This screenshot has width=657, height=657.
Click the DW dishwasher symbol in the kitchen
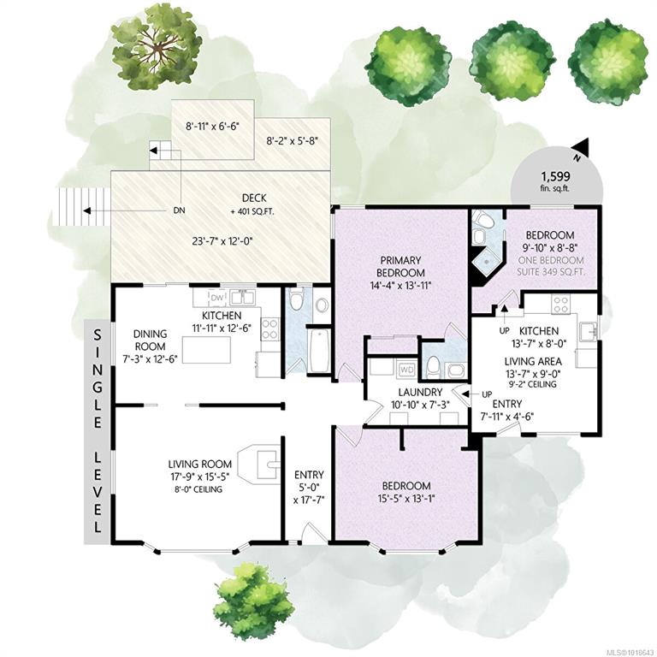[217, 298]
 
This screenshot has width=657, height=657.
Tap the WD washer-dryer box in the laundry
[405, 370]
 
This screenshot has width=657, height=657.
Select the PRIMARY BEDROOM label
[400, 267]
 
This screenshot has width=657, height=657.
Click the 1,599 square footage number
[554, 176]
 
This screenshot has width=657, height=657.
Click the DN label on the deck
[180, 210]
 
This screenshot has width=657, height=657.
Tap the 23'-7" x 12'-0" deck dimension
[222, 241]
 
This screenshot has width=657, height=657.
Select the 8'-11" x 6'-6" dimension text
[212, 126]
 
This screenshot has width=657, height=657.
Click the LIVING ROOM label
[200, 465]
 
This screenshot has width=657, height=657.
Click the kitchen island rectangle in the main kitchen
[206, 350]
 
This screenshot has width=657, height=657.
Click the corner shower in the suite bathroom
[485, 261]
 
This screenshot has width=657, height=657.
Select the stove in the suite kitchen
[561, 305]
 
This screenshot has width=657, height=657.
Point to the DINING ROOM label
[150, 340]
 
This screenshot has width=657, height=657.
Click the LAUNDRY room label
[420, 393]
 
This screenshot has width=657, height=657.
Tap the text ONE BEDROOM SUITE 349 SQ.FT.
[551, 266]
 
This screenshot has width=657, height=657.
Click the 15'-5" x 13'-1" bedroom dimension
[406, 499]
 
